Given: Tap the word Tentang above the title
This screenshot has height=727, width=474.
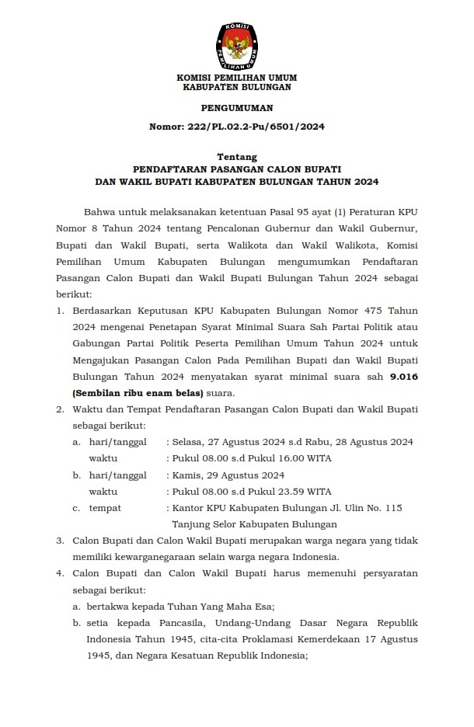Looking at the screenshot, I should [x=237, y=156].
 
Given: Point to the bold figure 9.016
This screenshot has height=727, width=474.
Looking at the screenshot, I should [x=402, y=377].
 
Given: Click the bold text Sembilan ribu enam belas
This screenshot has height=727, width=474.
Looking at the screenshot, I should [x=126, y=393].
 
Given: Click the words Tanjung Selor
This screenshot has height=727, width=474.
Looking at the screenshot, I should [x=204, y=524].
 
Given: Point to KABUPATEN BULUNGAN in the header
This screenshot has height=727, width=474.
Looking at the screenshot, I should [x=236, y=88].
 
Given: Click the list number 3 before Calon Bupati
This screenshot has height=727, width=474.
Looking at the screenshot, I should [x=60, y=541].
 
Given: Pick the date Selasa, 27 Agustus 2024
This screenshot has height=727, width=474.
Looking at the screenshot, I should [x=228, y=441].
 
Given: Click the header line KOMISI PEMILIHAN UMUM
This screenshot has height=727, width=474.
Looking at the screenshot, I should [x=237, y=78].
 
